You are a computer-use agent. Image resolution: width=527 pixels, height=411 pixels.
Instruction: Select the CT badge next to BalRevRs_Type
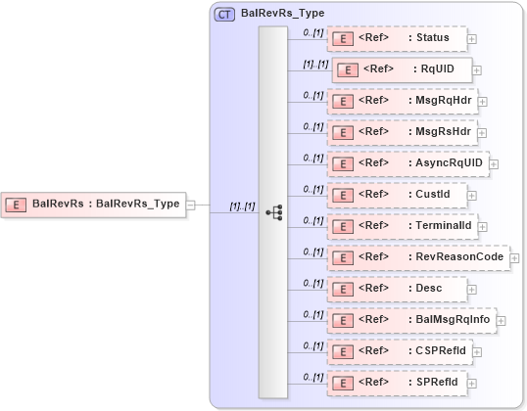pos(224,14)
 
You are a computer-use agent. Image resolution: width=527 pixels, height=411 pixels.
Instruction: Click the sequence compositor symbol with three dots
pos(274,211)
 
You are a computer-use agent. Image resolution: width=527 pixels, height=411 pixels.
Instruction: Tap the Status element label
pos(432,38)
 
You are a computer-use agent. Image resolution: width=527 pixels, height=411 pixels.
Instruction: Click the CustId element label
pos(432,194)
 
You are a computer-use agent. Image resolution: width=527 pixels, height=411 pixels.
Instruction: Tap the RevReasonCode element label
pos(456,256)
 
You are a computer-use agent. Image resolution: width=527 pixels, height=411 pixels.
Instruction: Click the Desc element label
pos(428,288)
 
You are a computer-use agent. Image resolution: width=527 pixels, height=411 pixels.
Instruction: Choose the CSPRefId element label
pos(441,350)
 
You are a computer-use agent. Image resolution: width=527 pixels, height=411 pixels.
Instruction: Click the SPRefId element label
pos(437,382)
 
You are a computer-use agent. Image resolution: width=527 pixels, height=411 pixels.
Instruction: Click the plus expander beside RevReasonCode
pos(515,258)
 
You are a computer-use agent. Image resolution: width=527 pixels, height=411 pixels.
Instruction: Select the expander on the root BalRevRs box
pos(190,205)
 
